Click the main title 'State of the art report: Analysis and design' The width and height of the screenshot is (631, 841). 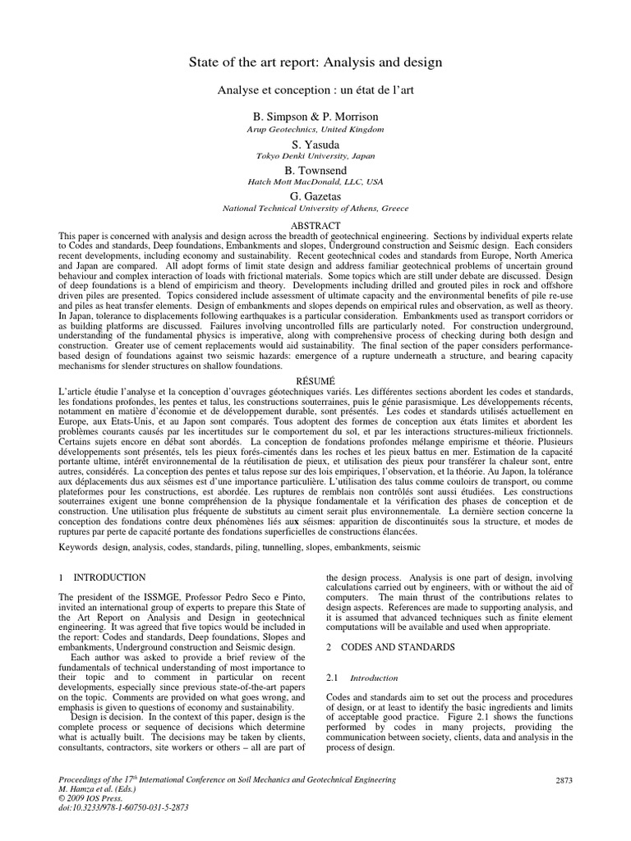click(x=315, y=62)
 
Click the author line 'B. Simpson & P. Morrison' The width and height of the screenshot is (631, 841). click(x=315, y=117)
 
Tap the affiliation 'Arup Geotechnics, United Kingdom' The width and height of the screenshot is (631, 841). click(x=315, y=130)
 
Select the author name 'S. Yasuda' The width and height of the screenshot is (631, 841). click(x=315, y=144)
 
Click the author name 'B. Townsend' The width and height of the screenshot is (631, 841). click(x=315, y=170)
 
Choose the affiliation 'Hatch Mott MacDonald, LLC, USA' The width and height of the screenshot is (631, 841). click(x=315, y=182)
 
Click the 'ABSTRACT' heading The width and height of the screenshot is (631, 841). click(x=315, y=225)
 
